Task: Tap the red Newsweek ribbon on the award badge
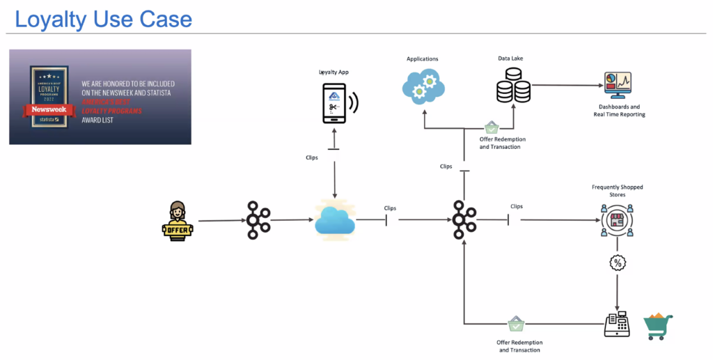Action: tap(48, 109)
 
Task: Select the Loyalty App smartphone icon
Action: tap(335, 102)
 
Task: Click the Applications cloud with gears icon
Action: tap(423, 88)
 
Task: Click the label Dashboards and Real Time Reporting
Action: tap(619, 110)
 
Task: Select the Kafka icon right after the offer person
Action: tap(258, 220)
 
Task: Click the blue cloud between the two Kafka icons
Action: tap(335, 220)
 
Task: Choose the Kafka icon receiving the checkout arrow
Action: tap(464, 220)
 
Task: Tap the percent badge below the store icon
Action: tap(617, 263)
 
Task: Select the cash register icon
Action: tap(616, 324)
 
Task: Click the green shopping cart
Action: tap(657, 325)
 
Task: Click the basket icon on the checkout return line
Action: tap(516, 324)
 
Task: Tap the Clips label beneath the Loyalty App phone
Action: tap(311, 157)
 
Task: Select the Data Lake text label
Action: tap(510, 59)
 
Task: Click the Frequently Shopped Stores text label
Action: tap(617, 191)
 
